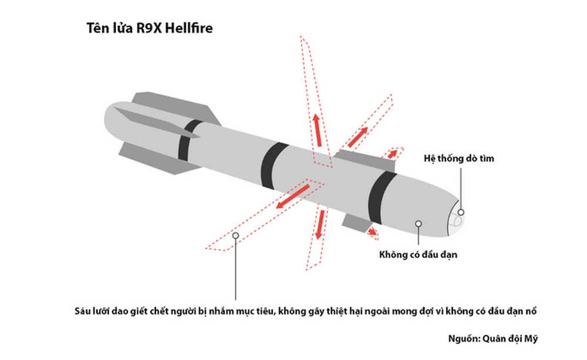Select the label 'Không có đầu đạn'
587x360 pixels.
(x=418, y=255)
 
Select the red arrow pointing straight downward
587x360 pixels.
(x=319, y=226)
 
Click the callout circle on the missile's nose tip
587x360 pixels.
(x=461, y=212)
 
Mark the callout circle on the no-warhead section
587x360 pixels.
(x=418, y=223)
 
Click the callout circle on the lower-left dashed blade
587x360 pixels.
(x=236, y=235)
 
